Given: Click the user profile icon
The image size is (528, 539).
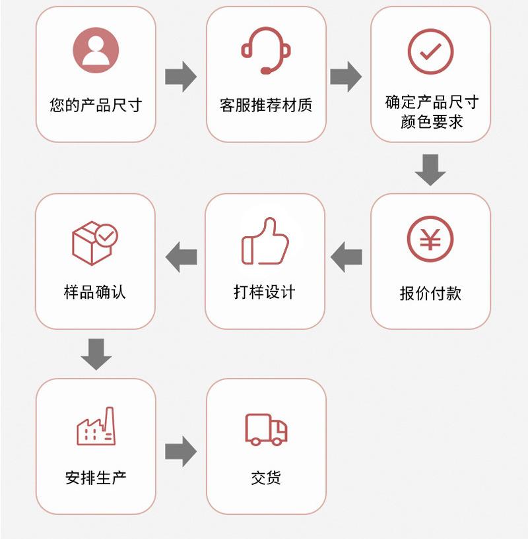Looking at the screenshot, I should click(x=96, y=50).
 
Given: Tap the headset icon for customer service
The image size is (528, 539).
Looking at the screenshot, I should click(x=266, y=50).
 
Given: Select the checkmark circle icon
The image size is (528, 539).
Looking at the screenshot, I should click(x=430, y=51).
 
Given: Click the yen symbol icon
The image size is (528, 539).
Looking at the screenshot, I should click(x=430, y=238).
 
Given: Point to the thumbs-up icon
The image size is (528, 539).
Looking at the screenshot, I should click(x=265, y=241).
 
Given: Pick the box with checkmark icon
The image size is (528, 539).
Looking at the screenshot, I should click(x=95, y=242).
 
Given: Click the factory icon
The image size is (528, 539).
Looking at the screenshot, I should click(x=96, y=426).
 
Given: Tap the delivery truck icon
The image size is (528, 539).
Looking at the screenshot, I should click(x=267, y=429).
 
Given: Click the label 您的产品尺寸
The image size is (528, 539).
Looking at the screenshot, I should click(x=96, y=105).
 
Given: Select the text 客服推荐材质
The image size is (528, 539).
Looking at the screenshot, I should click(x=266, y=105).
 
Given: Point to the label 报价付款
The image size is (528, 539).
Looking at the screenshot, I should click(x=430, y=294).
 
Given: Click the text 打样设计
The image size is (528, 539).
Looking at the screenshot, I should click(x=265, y=292).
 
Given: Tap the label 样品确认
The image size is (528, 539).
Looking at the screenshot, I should click(x=95, y=292).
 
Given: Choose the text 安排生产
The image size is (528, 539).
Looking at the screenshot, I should click(x=96, y=478).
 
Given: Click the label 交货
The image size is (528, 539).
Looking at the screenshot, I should click(x=266, y=478).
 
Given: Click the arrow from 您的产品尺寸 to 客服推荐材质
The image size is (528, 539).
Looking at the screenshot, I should click(x=181, y=77).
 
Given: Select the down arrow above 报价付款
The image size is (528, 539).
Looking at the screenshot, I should click(x=430, y=170).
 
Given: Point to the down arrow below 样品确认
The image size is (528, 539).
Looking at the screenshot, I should click(x=96, y=354).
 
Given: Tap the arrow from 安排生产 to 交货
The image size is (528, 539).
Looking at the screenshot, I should click(x=181, y=451).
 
